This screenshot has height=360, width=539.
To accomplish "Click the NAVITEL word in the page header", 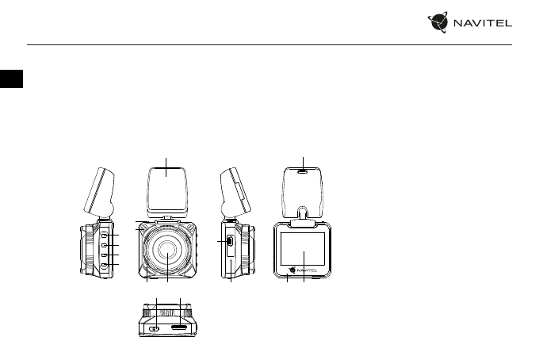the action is point(483,23).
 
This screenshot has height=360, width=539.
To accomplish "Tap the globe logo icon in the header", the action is point(438,22).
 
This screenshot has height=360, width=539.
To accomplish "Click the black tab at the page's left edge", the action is point(11,79).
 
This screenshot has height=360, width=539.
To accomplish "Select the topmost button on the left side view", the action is point(104,236).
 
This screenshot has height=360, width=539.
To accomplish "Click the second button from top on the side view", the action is point(104,245).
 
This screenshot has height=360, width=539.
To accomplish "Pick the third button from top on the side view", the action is point(104,255).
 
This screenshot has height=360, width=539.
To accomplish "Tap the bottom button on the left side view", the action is point(104,265).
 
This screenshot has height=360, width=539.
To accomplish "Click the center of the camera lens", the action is point(168,250).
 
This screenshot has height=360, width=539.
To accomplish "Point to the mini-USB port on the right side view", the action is point(230,241).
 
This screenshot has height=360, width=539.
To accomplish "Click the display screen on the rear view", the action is point(303,249).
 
